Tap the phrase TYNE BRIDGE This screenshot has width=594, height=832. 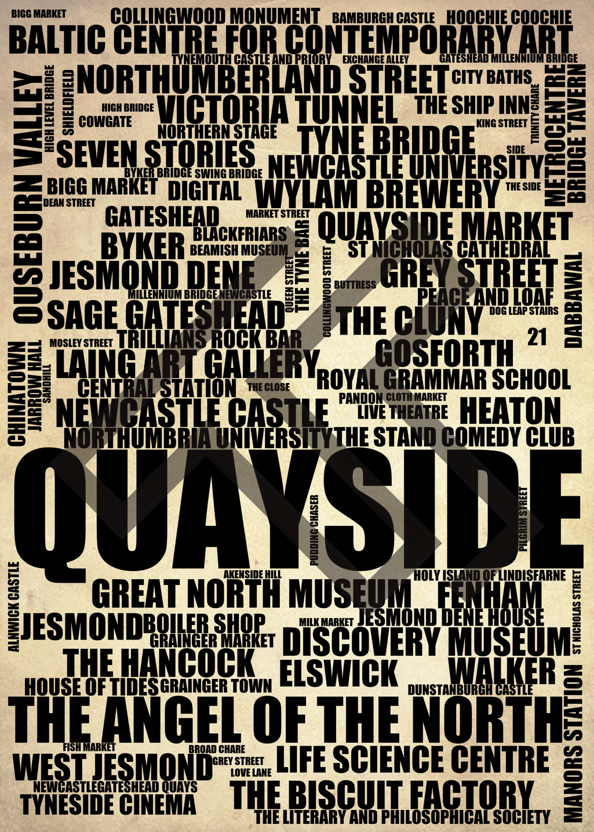[x=387, y=140]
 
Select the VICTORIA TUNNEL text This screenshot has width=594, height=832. [x=278, y=108]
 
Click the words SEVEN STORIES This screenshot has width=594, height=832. [x=156, y=154]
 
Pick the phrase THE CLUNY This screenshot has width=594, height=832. [x=409, y=320]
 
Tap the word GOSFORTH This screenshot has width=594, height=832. [x=444, y=353]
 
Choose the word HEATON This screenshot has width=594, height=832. [x=510, y=411]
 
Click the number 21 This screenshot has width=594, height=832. [x=537, y=337]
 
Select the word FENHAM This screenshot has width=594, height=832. [x=489, y=595]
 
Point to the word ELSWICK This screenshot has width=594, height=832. [x=338, y=672]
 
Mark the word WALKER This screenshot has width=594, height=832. [x=502, y=671]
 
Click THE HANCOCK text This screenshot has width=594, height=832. [x=159, y=662]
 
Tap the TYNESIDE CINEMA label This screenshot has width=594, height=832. [x=108, y=804]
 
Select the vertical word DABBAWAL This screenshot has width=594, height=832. [x=573, y=300]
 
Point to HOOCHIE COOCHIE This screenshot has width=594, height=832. [x=509, y=17]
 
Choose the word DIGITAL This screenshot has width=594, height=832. [x=204, y=191]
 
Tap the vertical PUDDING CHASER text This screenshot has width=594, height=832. [x=315, y=530]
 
